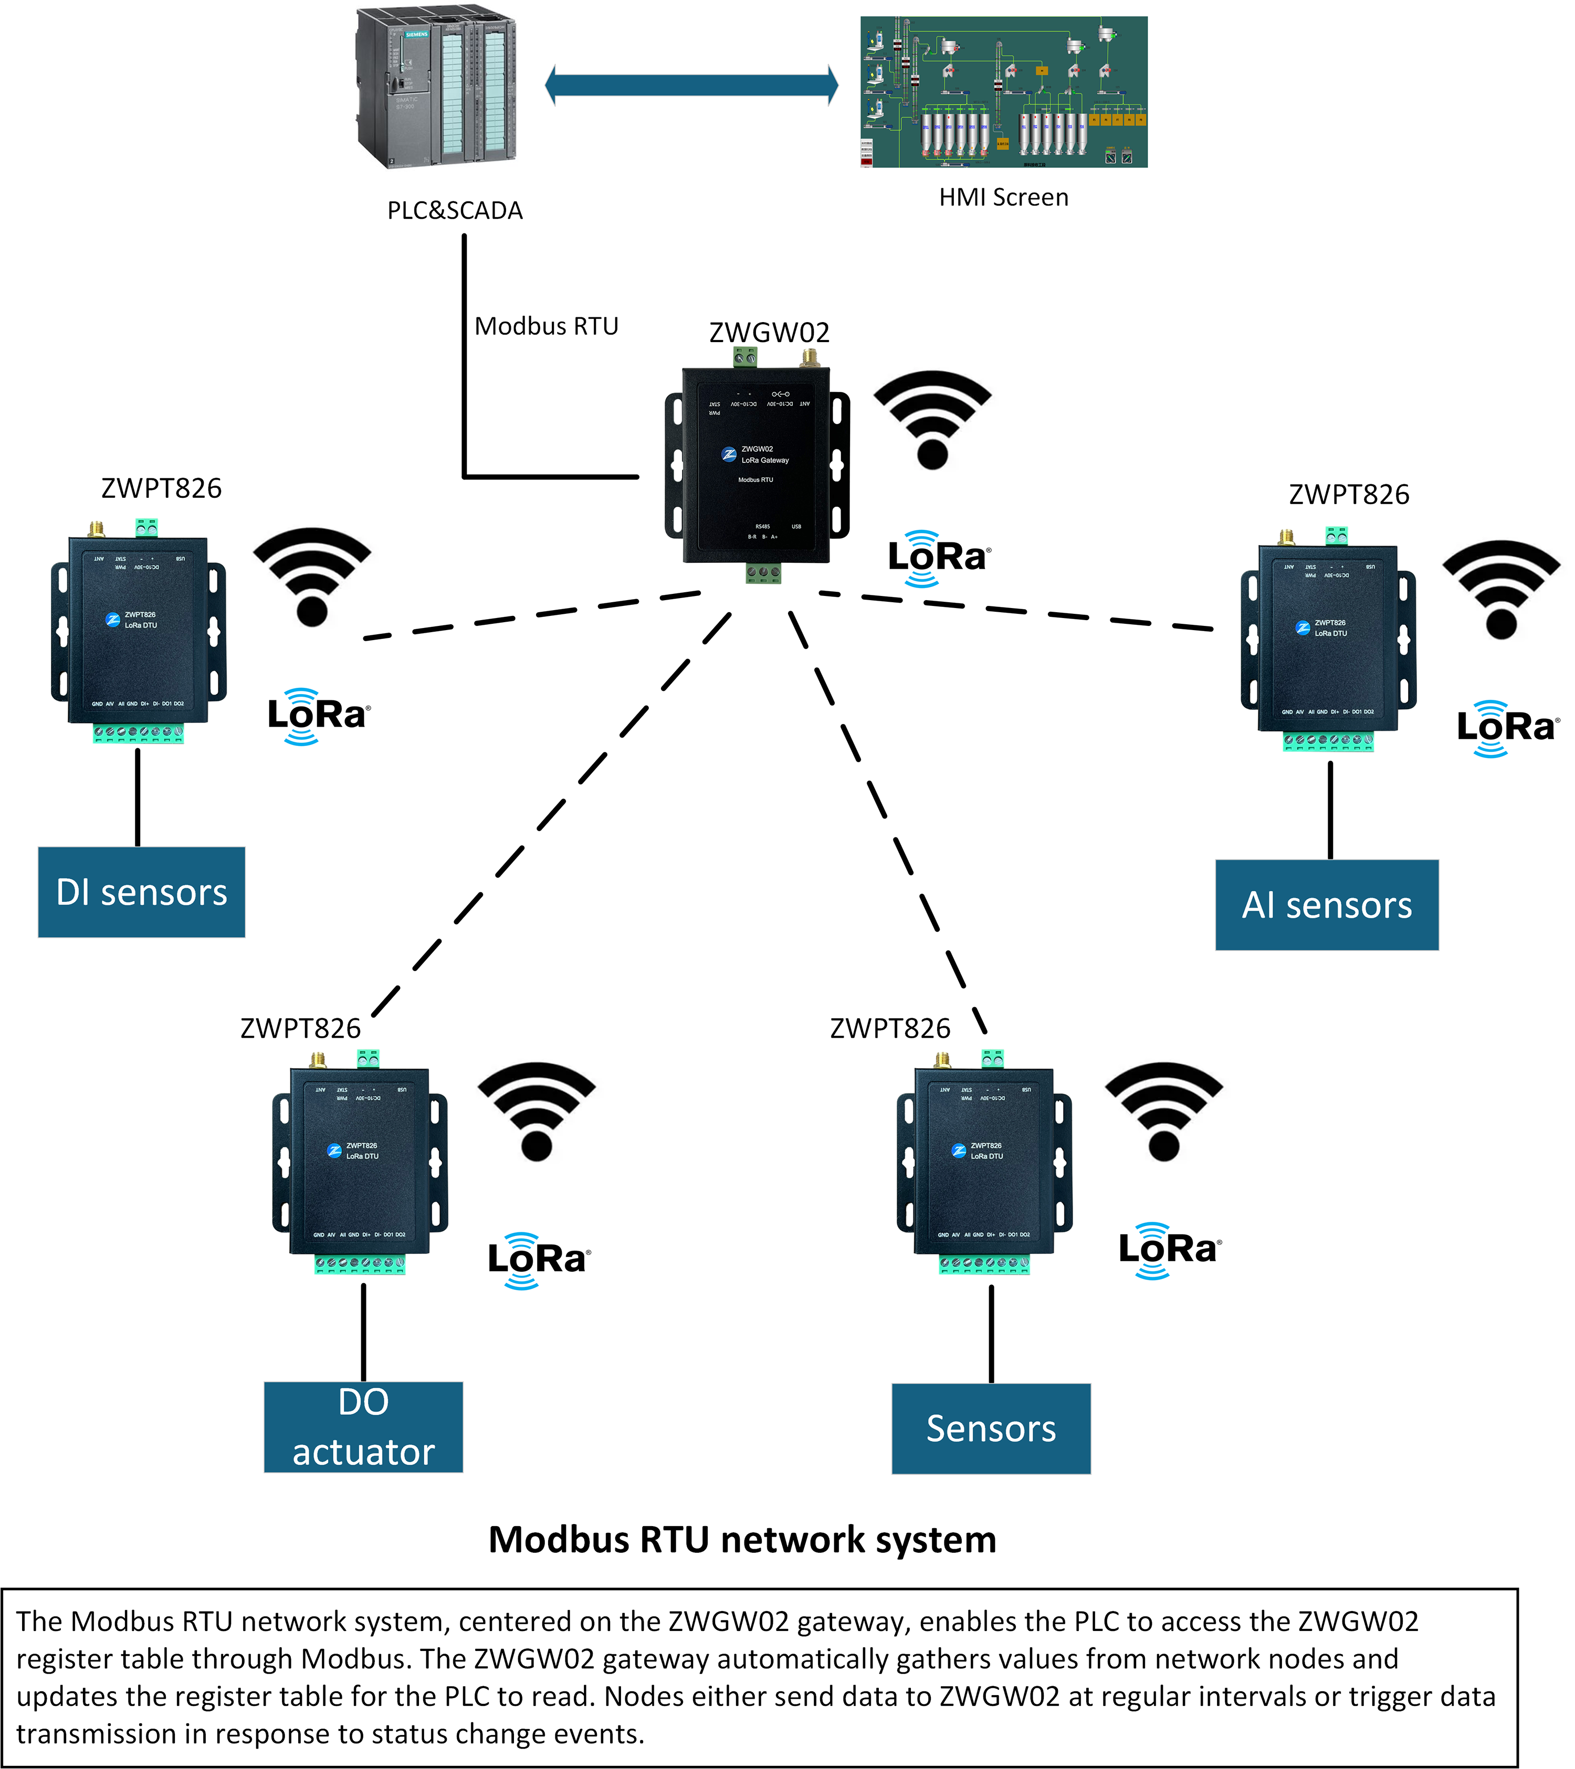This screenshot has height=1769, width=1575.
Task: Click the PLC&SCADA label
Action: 455,210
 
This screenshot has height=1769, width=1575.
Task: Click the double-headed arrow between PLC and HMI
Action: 691,85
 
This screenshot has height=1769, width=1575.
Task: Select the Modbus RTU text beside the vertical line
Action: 547,326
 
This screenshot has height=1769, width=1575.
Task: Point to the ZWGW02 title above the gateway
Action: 769,332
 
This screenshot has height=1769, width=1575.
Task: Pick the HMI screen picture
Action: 1003,92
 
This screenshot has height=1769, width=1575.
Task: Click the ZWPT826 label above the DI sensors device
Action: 162,488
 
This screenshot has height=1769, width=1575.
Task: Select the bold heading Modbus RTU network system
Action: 742,1540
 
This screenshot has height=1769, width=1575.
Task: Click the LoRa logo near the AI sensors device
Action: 1507,728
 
